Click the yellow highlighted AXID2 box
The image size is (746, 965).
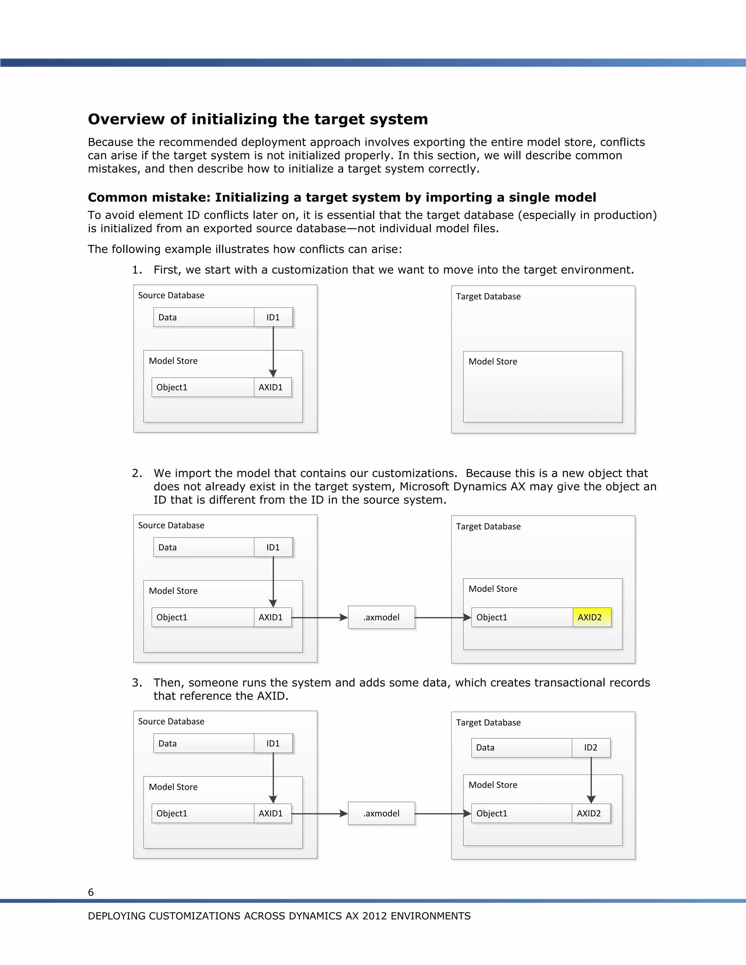coord(591,617)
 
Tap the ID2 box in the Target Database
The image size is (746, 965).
coord(590,748)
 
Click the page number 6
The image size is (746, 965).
coord(91,892)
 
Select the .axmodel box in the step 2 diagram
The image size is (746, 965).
coord(381,617)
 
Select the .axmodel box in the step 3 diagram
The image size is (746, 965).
coord(381,814)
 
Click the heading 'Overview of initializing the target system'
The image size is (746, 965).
coord(258,119)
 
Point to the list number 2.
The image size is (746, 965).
coord(137,473)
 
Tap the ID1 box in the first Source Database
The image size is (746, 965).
coord(273,317)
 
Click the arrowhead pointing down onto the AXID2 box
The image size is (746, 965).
coord(591,799)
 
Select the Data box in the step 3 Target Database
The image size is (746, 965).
coord(522,748)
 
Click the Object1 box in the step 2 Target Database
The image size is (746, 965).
coord(522,617)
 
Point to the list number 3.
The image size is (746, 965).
coord(137,683)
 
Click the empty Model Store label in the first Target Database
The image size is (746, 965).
coord(492,362)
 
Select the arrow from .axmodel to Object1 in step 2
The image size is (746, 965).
coord(442,617)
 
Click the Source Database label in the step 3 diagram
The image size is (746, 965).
coord(171,721)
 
